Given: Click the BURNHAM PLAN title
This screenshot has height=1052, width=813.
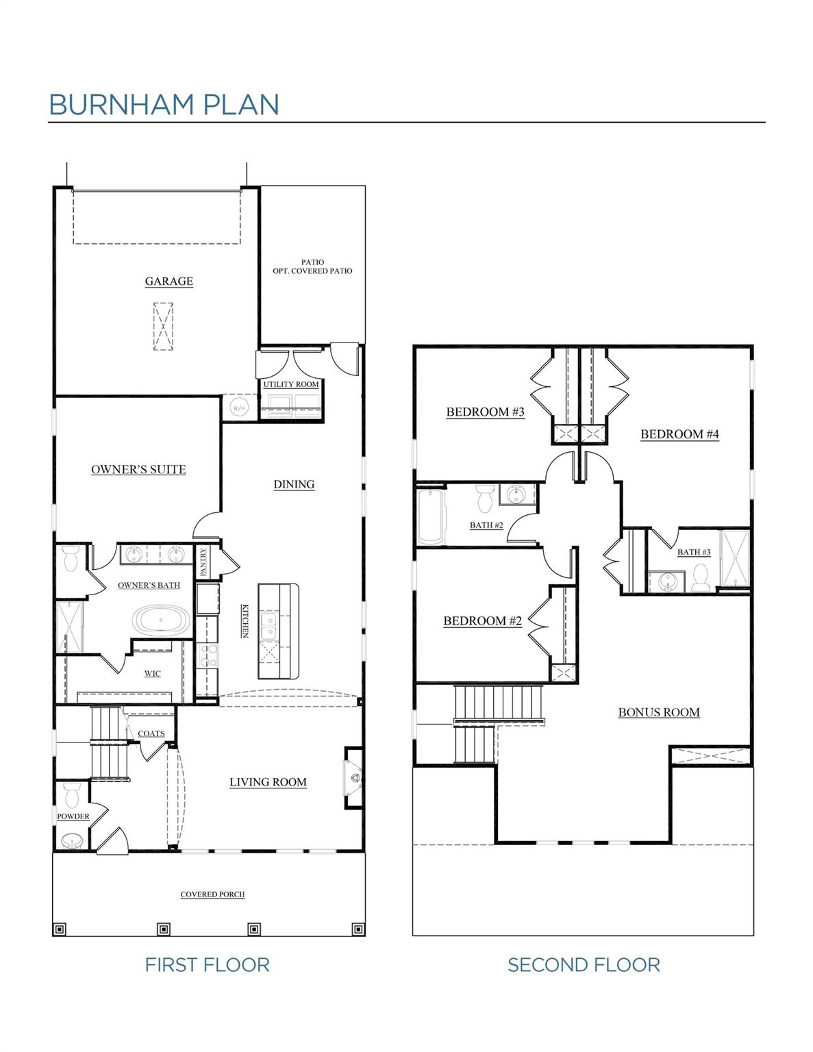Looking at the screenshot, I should (x=164, y=104).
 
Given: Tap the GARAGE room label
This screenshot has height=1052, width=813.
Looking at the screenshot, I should (x=168, y=281).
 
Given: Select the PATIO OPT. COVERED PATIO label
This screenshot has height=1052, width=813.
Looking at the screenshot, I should (x=312, y=266).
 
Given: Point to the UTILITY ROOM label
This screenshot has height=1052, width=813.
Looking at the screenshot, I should (x=291, y=384).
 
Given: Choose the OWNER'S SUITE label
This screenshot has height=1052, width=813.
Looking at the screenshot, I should (x=138, y=469).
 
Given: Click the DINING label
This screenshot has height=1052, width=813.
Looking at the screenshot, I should (x=294, y=484).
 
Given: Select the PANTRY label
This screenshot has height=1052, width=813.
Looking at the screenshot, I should (x=203, y=561).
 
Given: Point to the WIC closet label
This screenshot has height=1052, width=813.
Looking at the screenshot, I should (x=152, y=673).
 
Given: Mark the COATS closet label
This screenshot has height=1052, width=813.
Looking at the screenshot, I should (x=151, y=734).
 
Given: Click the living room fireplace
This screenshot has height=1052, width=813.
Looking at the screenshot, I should (x=354, y=777).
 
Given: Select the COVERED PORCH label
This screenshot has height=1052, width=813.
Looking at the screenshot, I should (x=212, y=894).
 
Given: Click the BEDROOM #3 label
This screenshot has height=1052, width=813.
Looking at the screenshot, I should (x=485, y=412).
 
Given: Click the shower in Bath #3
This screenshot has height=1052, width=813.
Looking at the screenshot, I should (x=735, y=559).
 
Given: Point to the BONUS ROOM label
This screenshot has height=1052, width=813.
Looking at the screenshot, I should (x=658, y=712).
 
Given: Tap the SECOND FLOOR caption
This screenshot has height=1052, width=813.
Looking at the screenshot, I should (x=584, y=965).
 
